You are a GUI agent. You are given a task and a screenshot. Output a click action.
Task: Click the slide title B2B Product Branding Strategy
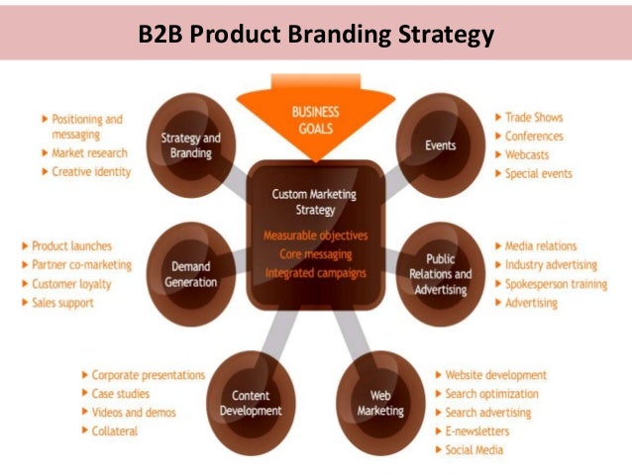(x=316, y=38)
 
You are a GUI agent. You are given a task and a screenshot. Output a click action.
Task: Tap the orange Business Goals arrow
(x=315, y=121)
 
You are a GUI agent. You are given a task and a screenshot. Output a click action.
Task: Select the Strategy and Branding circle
(x=190, y=145)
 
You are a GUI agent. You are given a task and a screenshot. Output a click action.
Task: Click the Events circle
(x=440, y=145)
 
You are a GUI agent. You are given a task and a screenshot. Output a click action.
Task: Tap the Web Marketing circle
(x=380, y=403)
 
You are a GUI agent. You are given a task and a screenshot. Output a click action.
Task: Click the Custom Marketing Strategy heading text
(x=314, y=202)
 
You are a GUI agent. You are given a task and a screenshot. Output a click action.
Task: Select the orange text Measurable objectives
(x=315, y=236)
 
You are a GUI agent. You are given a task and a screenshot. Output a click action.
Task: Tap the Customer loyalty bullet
(x=71, y=284)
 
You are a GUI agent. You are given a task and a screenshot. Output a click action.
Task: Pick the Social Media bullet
(x=474, y=450)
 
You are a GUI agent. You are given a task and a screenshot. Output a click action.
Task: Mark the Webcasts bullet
(x=527, y=154)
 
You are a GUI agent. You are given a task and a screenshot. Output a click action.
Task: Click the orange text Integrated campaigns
(x=315, y=272)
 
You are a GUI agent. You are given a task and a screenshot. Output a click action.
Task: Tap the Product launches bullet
(x=71, y=245)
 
